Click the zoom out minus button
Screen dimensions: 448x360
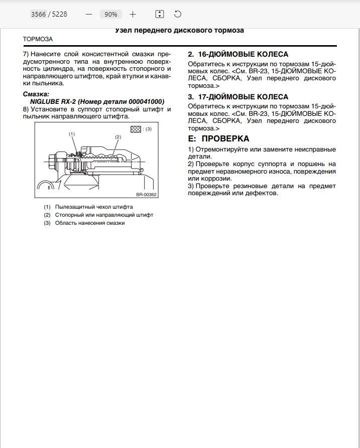tap(89, 14)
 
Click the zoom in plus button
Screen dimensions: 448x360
tap(133, 14)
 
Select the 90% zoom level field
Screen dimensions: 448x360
tap(111, 15)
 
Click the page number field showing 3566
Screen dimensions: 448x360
tap(38, 15)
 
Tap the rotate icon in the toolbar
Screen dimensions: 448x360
tap(178, 14)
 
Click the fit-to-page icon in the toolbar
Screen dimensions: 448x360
tap(159, 14)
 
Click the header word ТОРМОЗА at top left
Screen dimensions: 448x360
tap(38, 39)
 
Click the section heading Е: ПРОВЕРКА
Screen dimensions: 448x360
tap(218, 138)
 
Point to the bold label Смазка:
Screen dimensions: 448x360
tap(36, 94)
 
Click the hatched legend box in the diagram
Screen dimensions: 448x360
tap(136, 129)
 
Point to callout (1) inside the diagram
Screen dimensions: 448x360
tap(72, 134)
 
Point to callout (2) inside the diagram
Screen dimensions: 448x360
tap(118, 136)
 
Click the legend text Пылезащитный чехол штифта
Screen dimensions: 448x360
tap(94, 207)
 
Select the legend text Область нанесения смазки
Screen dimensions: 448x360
tap(90, 223)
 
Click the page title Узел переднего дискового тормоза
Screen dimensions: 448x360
tap(180, 30)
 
